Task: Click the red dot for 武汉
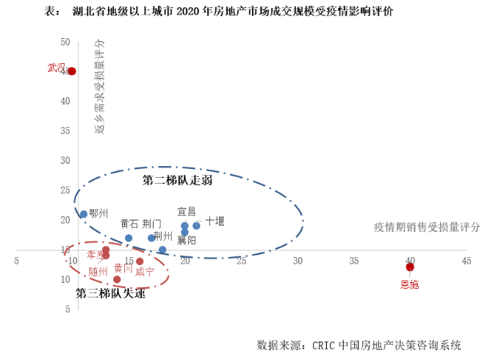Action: (x=72, y=71)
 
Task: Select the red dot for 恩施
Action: (x=410, y=267)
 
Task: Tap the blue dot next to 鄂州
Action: (x=84, y=215)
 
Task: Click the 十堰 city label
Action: (x=215, y=220)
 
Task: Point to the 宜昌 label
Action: (x=187, y=211)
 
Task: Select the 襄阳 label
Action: (x=187, y=240)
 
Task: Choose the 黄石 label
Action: (x=129, y=223)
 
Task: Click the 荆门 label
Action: (x=152, y=223)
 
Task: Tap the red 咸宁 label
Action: (x=145, y=271)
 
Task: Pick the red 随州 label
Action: (x=98, y=271)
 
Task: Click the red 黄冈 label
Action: (x=123, y=268)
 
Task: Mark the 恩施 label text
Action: (x=409, y=284)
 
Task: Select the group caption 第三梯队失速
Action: (x=111, y=293)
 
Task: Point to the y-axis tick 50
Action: (x=66, y=42)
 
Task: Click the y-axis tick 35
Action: (x=66, y=131)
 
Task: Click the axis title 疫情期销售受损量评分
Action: (x=427, y=227)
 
